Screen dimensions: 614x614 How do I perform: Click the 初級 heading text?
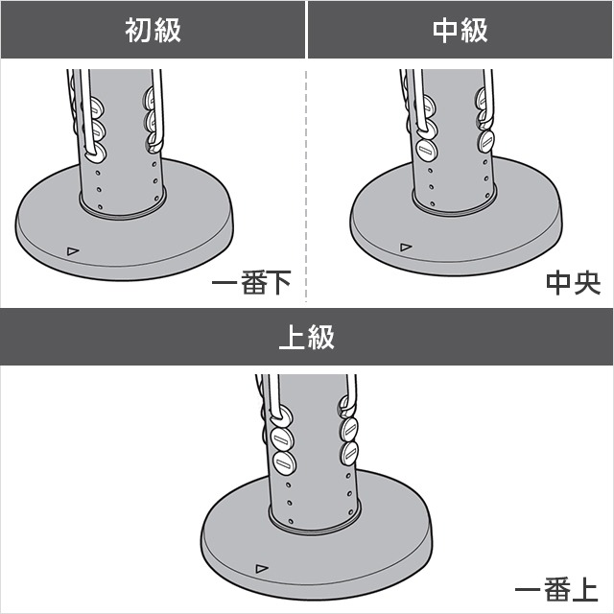coord(153,30)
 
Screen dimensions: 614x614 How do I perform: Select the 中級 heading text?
coord(460,30)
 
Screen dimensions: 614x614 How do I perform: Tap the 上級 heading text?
coord(307,337)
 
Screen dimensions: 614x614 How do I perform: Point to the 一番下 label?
coord(251,282)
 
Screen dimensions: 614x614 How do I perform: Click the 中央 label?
coord(574,283)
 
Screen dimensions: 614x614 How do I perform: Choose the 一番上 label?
coord(556,590)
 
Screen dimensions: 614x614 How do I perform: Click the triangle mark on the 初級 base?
coord(73,251)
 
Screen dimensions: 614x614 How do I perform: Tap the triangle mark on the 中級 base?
coord(406,248)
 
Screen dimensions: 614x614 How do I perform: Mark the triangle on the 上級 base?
coord(262,568)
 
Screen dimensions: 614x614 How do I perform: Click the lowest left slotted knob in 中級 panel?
coord(427,150)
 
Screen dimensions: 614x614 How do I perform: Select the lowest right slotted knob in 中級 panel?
coord(486,141)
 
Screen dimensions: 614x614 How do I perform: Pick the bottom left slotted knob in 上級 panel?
coord(284,462)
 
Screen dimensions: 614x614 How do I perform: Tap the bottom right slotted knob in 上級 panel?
coord(349,454)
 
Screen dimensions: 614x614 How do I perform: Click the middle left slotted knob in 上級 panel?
coord(283,439)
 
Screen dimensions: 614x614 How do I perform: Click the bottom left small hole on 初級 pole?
coord(100,206)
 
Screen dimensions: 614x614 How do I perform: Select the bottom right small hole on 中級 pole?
coord(487,195)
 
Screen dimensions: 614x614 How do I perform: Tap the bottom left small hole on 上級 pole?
coord(291,521)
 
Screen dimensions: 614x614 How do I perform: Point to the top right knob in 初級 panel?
coord(150,97)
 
